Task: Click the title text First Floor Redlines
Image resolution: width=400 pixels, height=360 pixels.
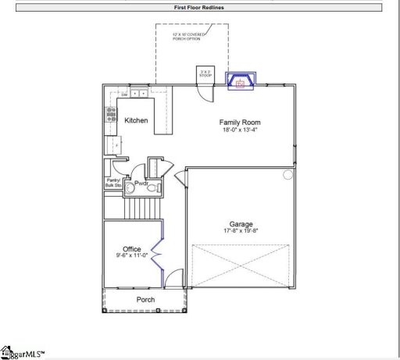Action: click(200, 6)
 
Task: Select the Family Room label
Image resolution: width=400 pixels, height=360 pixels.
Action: click(240, 123)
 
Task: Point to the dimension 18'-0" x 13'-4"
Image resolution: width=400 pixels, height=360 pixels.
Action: click(240, 130)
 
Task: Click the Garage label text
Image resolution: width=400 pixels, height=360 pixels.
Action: click(241, 224)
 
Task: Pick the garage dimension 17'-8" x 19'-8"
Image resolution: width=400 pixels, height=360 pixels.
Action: click(241, 231)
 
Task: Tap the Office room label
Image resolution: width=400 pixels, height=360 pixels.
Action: click(132, 249)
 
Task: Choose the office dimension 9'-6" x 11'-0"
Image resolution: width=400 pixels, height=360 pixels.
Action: click(132, 256)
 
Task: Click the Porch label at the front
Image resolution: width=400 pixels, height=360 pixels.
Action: click(145, 300)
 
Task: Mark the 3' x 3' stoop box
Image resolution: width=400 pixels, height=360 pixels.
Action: click(206, 73)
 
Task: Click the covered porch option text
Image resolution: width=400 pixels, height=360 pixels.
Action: click(191, 37)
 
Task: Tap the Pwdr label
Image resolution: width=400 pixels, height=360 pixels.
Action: click(141, 184)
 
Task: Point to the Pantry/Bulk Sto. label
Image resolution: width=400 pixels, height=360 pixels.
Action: click(114, 184)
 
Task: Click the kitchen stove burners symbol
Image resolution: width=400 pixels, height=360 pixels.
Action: click(109, 117)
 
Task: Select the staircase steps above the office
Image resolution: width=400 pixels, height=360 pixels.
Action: click(142, 208)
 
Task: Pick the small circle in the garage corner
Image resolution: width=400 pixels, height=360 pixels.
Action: click(287, 174)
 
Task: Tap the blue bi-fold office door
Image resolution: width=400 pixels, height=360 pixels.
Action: click(160, 251)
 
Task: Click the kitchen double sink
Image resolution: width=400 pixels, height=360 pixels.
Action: click(138, 94)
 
